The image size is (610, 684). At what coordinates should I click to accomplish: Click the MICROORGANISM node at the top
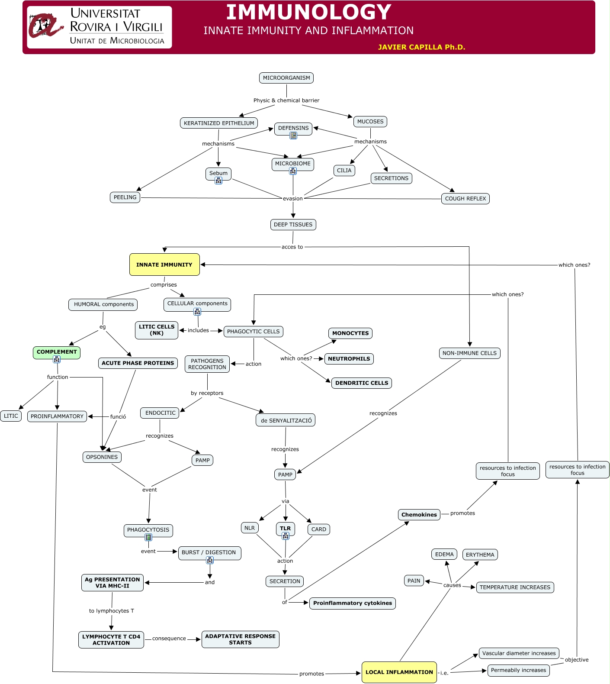(286, 78)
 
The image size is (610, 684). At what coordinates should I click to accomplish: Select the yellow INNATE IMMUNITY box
(164, 265)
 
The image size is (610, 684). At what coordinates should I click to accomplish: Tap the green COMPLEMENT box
(57, 352)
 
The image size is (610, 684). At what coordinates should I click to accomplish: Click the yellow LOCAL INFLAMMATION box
(399, 672)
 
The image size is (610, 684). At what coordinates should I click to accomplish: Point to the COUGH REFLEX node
(466, 199)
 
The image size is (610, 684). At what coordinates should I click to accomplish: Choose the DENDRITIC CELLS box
(362, 383)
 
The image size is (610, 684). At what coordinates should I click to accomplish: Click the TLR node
(285, 528)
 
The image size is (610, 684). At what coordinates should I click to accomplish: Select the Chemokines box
(419, 515)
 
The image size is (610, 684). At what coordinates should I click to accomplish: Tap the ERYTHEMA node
(480, 555)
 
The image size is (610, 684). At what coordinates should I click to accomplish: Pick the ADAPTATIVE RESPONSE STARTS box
(240, 639)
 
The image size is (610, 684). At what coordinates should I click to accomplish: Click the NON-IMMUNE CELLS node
(469, 353)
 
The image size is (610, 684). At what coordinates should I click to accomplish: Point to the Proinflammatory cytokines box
(353, 603)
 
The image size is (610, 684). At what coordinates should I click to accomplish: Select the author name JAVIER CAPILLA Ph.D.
(421, 47)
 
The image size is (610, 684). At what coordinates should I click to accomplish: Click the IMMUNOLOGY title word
(308, 12)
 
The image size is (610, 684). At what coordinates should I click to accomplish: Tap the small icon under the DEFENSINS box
(293, 136)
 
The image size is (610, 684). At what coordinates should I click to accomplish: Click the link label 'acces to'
(292, 247)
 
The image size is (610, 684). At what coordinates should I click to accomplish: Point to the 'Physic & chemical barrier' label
(286, 100)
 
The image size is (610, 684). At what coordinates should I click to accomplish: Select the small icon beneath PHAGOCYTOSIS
(148, 537)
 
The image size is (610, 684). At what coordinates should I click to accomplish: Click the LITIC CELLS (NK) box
(157, 330)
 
